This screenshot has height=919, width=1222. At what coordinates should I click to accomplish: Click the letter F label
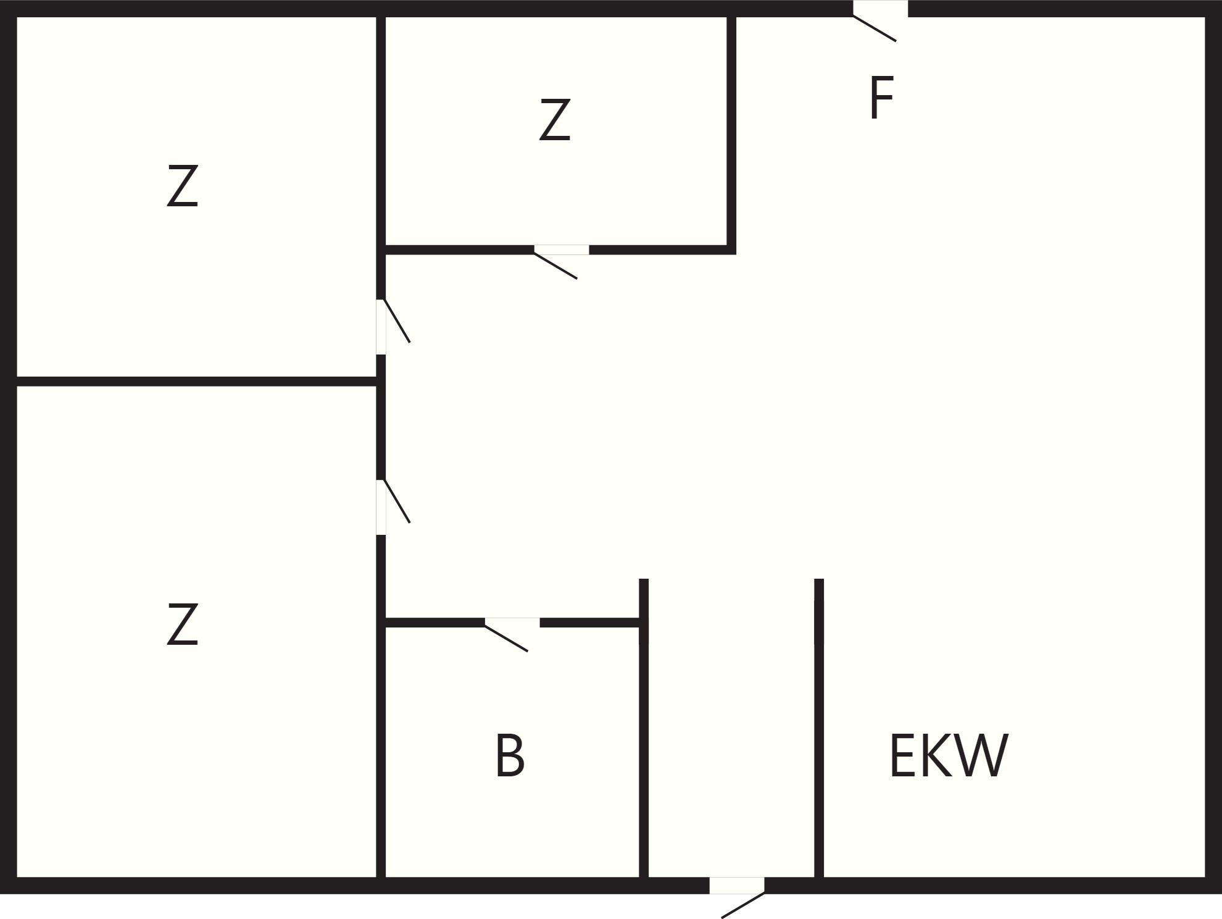click(881, 98)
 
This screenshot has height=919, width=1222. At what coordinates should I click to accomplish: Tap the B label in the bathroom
click(510, 755)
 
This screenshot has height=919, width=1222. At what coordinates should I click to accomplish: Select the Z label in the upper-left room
click(183, 185)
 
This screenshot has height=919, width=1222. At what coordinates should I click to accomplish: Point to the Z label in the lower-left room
click(183, 624)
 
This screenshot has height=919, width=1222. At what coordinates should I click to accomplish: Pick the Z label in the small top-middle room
click(555, 119)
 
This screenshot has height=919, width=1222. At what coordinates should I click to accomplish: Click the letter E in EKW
click(902, 755)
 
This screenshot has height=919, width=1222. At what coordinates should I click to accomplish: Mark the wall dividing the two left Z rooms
click(196, 381)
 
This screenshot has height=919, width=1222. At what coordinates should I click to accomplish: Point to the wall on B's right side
click(644, 728)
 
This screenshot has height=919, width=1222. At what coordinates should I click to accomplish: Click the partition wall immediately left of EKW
click(819, 728)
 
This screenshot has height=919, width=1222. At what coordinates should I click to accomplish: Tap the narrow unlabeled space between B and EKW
click(731, 729)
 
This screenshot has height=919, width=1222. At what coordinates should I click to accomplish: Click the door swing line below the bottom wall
click(743, 905)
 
